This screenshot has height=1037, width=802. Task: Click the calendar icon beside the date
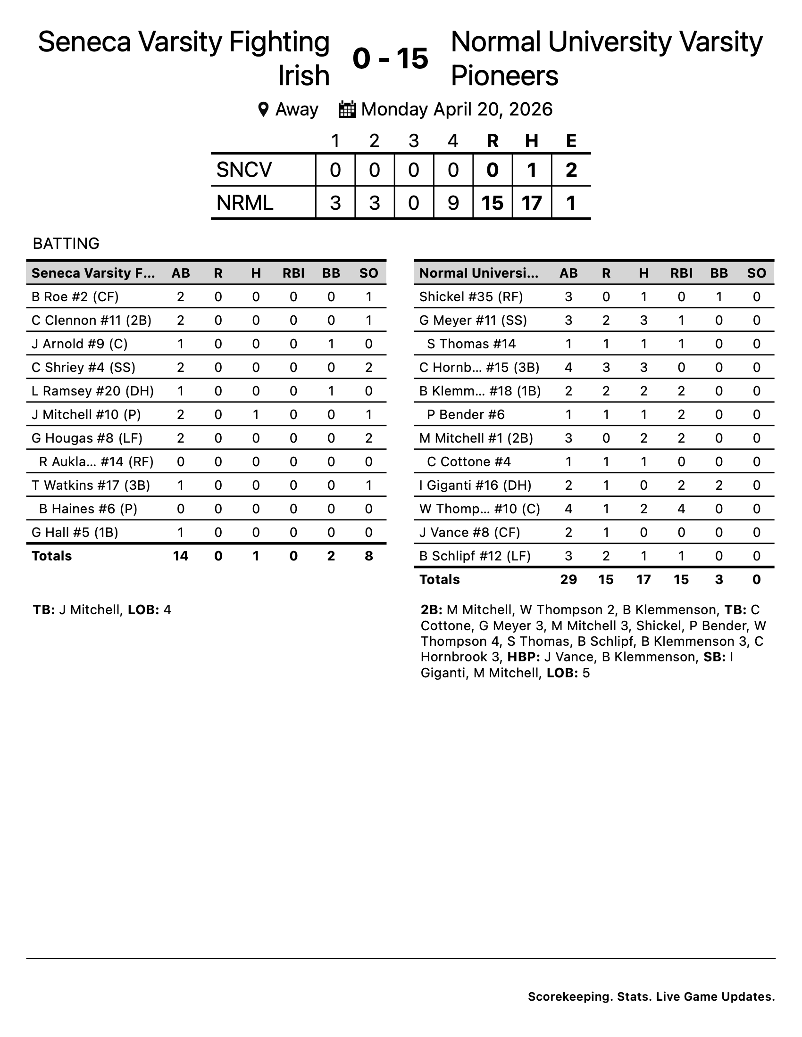tap(347, 110)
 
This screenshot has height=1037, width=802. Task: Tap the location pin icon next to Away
tap(263, 110)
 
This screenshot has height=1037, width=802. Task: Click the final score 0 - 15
tap(391, 59)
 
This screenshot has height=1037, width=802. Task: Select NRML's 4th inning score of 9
tap(453, 203)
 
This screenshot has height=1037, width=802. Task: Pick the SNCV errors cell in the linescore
tap(571, 170)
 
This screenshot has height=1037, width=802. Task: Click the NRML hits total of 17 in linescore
tap(532, 203)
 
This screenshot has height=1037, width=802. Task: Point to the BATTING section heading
tap(66, 244)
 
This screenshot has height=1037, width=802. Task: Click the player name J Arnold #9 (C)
tap(79, 344)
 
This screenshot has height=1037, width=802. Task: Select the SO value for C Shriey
tap(369, 368)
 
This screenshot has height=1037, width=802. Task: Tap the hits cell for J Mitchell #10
tap(256, 414)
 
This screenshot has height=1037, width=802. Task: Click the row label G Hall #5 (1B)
tap(75, 532)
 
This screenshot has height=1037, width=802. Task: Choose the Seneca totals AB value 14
tap(181, 556)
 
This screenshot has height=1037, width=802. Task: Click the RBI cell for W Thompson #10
tap(681, 509)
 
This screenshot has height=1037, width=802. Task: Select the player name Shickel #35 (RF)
tap(471, 297)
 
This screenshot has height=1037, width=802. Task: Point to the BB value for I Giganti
tap(719, 485)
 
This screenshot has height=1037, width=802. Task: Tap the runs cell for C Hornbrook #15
tap(606, 368)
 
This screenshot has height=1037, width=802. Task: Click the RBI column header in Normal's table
tap(681, 273)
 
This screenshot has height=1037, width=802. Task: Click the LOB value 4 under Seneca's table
tap(167, 610)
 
